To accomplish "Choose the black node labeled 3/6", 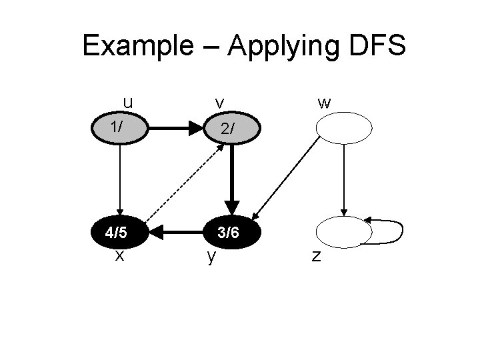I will click(x=230, y=233).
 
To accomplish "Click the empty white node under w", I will click(x=343, y=127).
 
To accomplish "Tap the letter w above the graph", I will click(x=324, y=103).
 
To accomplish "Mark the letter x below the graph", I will click(x=119, y=255).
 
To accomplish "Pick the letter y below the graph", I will click(x=211, y=257).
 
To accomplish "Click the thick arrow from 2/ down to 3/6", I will click(x=231, y=177).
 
